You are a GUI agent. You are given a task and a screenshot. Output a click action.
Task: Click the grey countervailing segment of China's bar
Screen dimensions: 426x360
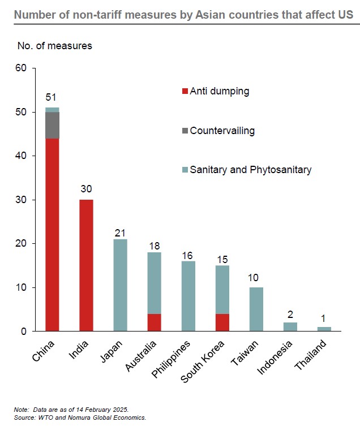pos(53,125)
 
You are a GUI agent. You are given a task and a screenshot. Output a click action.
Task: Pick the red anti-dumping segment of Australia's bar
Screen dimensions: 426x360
pos(154,322)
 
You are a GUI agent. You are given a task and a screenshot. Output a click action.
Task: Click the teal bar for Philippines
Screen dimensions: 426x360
pos(188,296)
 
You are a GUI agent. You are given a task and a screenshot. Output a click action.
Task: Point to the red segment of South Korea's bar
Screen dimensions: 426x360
pos(222,322)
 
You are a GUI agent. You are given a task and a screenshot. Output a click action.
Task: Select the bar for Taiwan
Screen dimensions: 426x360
pos(256,309)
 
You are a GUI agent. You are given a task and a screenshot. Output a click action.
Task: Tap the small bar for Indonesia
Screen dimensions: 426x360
pos(290,326)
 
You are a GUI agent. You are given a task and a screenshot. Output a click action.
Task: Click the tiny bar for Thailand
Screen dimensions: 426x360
pos(324,329)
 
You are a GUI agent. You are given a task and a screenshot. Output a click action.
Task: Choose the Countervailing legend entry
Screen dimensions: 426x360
pos(218,131)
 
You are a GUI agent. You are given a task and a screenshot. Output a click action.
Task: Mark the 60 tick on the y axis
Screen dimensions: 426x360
pos(21,68)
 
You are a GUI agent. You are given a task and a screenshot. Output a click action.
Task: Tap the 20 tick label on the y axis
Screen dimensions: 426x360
pos(21,244)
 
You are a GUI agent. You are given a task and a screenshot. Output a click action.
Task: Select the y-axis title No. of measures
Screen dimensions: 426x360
pos(50,46)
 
